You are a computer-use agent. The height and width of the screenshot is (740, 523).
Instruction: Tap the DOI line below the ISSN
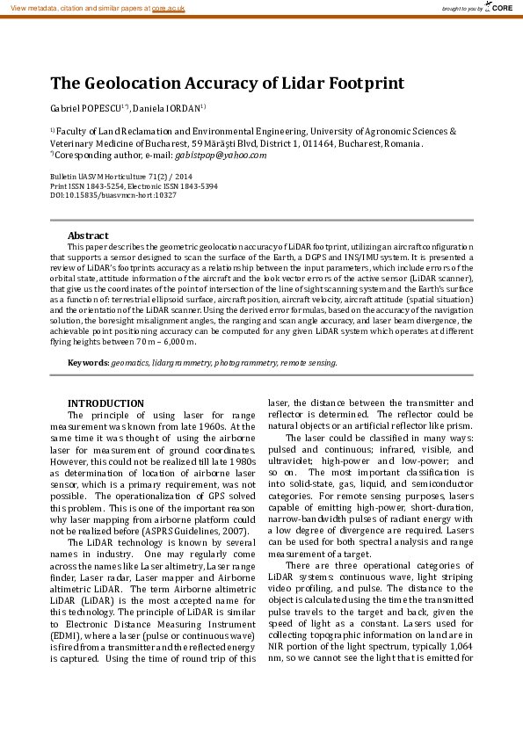113,195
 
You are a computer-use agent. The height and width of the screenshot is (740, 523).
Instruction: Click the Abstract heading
88,236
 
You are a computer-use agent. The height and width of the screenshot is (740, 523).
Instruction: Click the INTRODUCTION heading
105,403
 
